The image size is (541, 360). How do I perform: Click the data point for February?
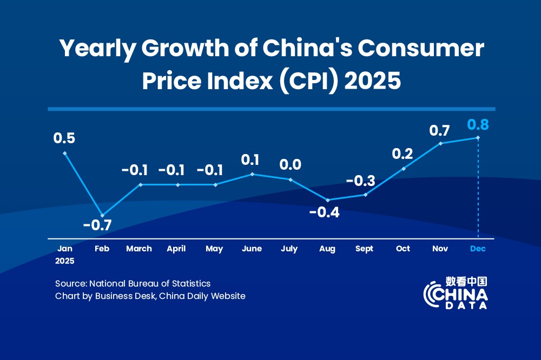click(102, 216)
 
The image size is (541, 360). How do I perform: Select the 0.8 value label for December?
click(478, 125)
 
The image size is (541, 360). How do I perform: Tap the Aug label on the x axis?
click(327, 249)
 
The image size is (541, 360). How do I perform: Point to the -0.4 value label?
click(324, 212)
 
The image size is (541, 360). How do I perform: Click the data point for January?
click(65, 153)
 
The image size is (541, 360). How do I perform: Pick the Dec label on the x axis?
click(478, 249)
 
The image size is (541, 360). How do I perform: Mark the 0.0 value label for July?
click(291, 164)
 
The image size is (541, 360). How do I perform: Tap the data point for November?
click(440, 143)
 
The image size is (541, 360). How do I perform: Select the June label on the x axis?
click(252, 249)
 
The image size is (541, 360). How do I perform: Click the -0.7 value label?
click(97, 225)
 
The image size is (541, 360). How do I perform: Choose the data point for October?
click(403, 169)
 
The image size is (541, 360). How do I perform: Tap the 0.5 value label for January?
click(64, 138)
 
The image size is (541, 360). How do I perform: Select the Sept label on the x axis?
click(365, 249)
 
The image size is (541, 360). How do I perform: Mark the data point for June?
click(253, 174)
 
